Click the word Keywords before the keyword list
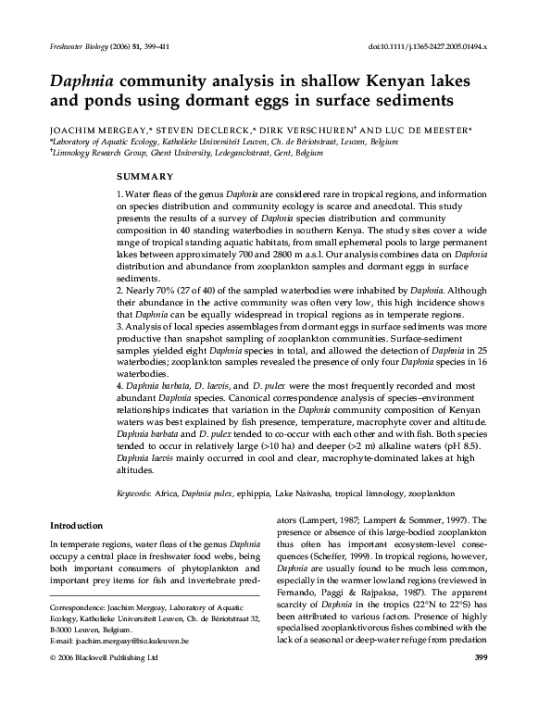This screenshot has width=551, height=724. pos(135,494)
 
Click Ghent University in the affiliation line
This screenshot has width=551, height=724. pos(195,155)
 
